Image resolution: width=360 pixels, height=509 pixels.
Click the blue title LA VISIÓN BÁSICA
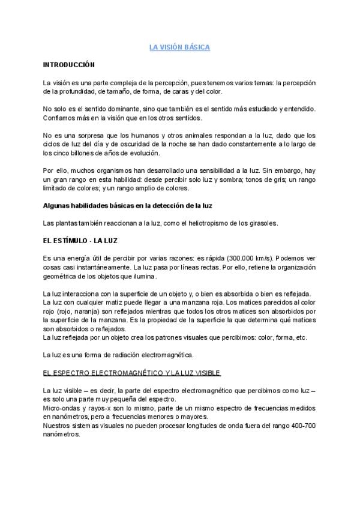pyautogui.click(x=179, y=46)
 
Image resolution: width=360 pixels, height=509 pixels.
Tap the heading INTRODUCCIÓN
pyautogui.click(x=69, y=64)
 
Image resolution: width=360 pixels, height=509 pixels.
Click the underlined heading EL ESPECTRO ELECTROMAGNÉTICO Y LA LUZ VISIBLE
pyautogui.click(x=133, y=372)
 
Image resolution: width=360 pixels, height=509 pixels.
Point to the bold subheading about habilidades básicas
pyautogui.click(x=128, y=205)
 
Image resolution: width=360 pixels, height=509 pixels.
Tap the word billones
pyautogui.click(x=81, y=152)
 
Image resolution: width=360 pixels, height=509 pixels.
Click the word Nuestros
pyautogui.click(x=59, y=426)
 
